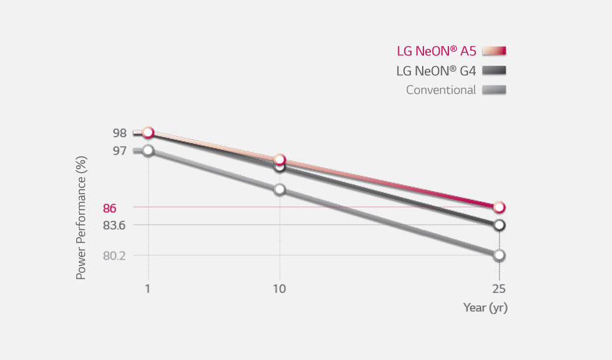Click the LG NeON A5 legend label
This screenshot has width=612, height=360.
(436, 51)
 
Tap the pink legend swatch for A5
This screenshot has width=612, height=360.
(495, 51)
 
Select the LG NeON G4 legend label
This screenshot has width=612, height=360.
(436, 70)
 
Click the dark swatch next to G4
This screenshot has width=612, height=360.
(495, 70)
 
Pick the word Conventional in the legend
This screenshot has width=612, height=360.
(440, 90)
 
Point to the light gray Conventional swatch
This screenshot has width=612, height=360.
(495, 90)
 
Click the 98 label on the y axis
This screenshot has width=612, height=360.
(119, 133)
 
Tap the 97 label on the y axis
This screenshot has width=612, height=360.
(119, 150)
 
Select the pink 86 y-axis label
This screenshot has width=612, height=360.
(110, 208)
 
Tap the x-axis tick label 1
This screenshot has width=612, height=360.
(148, 289)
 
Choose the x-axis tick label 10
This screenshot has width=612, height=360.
(279, 289)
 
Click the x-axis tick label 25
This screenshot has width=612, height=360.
(499, 289)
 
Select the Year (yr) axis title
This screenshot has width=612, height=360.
(485, 307)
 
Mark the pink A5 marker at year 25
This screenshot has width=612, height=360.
(499, 208)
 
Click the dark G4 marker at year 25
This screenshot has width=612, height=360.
(499, 225)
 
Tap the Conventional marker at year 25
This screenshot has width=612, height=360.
(499, 255)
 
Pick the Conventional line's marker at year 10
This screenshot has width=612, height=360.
(279, 189)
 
